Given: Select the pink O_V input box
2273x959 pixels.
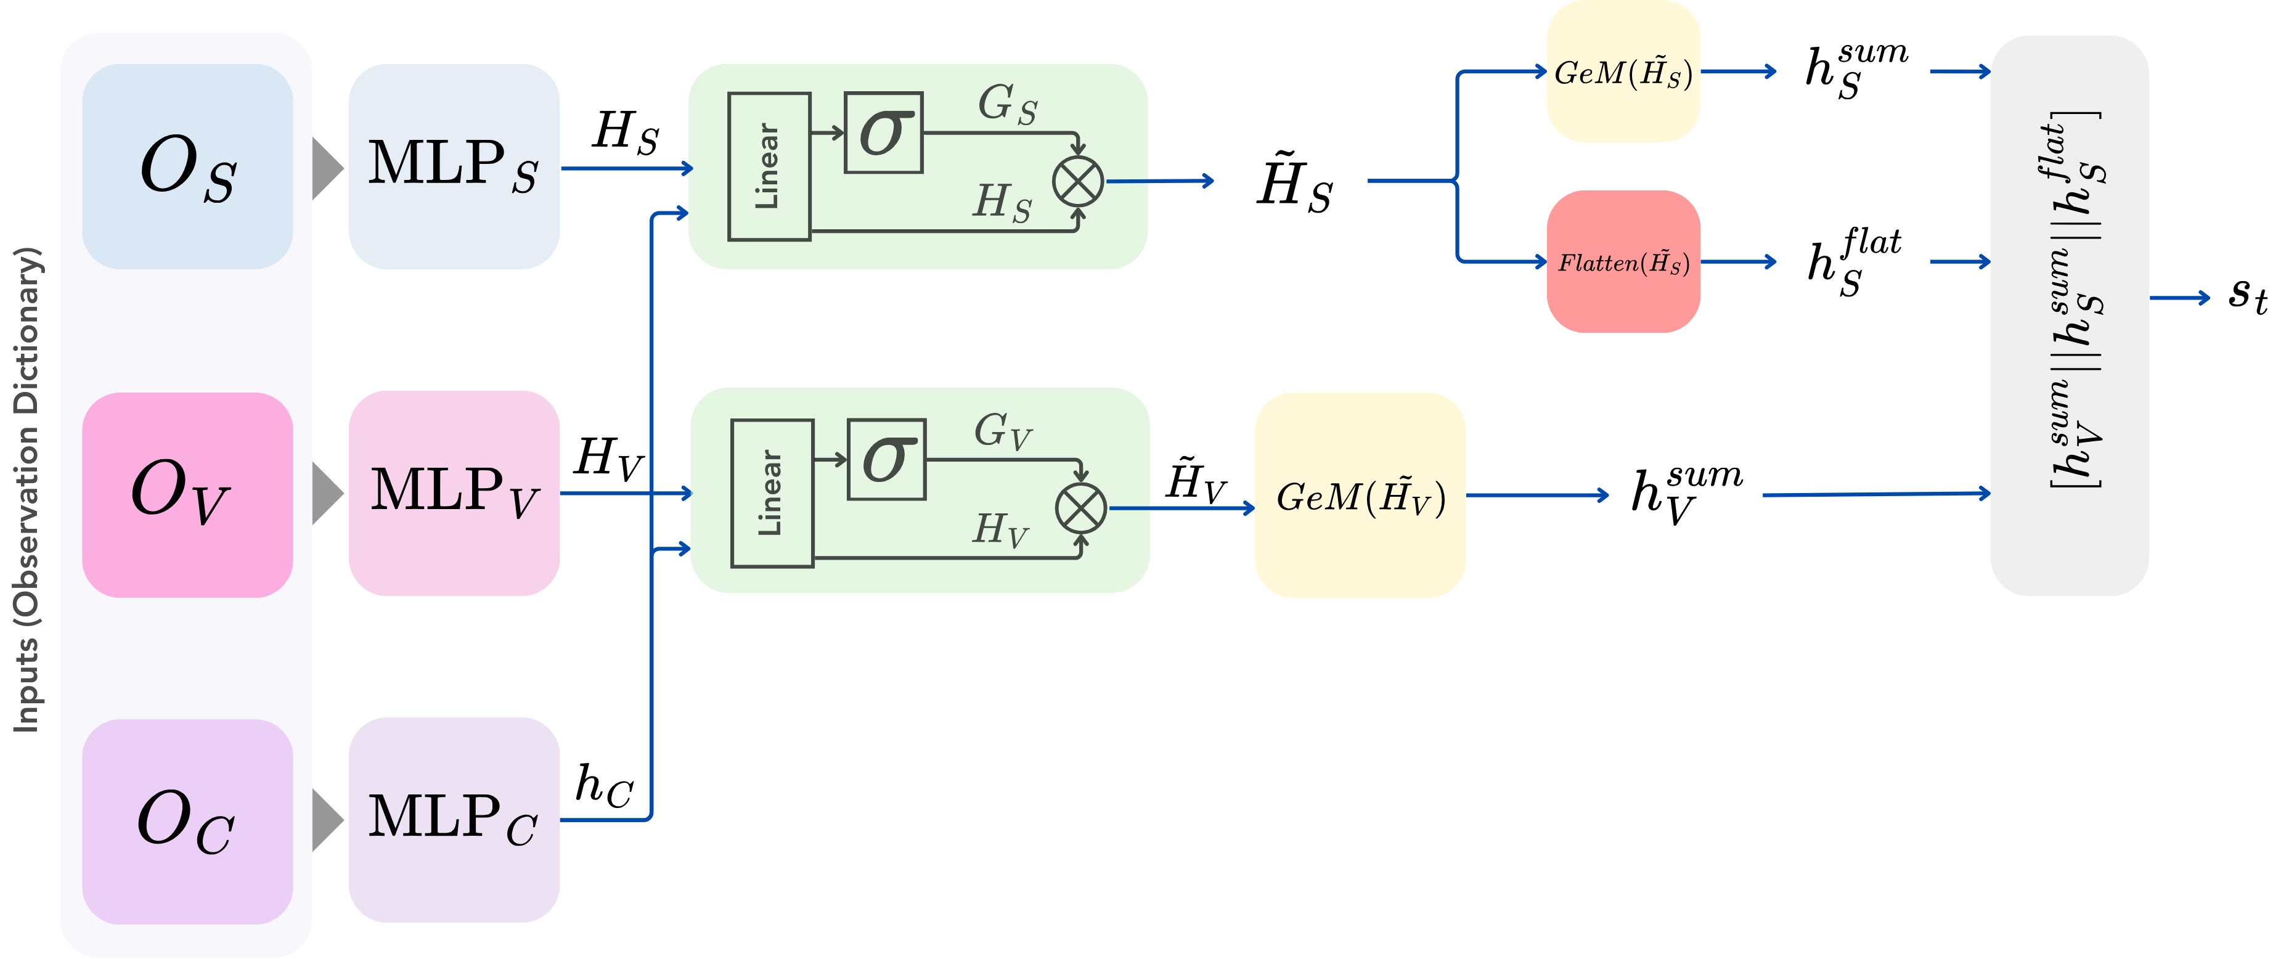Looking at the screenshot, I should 187,495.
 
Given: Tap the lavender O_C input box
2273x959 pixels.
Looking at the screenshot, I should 187,822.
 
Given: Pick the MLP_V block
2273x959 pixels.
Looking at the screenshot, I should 454,493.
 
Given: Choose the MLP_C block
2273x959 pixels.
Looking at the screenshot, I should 454,820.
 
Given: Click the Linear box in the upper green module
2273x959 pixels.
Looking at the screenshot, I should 769,167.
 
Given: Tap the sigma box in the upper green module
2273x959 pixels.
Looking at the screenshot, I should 883,133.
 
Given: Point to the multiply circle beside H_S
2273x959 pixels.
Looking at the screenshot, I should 1077,182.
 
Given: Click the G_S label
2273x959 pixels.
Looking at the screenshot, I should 1007,105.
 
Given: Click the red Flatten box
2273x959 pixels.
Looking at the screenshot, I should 1623,262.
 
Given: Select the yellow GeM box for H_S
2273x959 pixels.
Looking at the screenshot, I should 1623,72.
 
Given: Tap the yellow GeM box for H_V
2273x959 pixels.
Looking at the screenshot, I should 1360,496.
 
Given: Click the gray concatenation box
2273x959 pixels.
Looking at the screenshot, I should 2069,316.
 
